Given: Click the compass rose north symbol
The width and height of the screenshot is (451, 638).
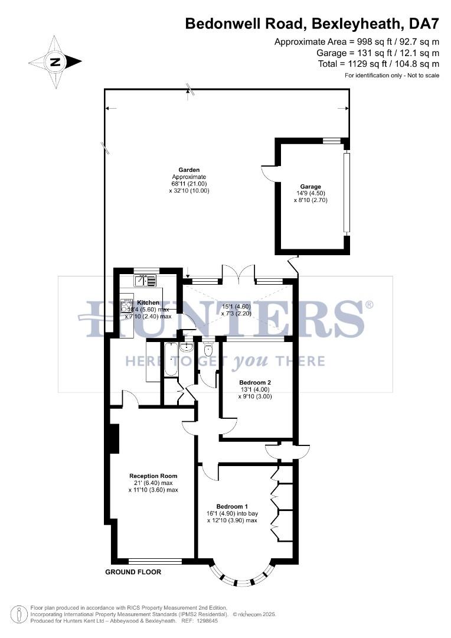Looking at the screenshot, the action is pyautogui.click(x=55, y=62).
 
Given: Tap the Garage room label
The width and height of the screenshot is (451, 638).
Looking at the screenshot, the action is pyautogui.click(x=311, y=187).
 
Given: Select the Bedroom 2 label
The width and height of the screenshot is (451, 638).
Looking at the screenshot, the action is pyautogui.click(x=255, y=382).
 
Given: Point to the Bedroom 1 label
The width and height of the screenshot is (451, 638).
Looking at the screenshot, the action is pyautogui.click(x=232, y=506).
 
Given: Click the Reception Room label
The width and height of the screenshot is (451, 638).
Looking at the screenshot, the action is pyautogui.click(x=153, y=476).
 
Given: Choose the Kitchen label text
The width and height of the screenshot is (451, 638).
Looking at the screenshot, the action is pyautogui.click(x=148, y=302).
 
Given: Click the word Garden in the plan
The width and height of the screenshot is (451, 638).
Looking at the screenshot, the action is pyautogui.click(x=189, y=170).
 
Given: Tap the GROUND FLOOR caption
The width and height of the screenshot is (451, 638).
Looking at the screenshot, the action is pyautogui.click(x=133, y=572).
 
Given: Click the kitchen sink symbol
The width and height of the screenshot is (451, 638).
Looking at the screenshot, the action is pyautogui.click(x=145, y=281).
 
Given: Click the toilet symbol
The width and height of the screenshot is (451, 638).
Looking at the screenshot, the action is pyautogui.click(x=208, y=349).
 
